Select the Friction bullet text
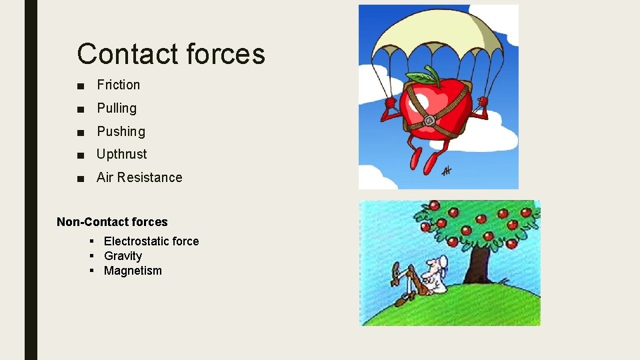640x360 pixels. point(118,85)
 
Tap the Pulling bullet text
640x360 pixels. point(117,108)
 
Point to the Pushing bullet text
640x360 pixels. point(121,131)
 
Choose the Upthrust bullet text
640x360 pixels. point(121,154)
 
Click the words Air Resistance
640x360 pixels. point(139,177)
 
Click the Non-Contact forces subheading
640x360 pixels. point(112,222)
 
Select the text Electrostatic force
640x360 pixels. point(151,241)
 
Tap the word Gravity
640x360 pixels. point(123,256)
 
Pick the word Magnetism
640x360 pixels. point(133,271)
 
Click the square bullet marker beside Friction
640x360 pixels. point(80,85)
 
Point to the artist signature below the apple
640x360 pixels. point(446,171)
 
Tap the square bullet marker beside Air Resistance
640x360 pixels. point(80,178)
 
